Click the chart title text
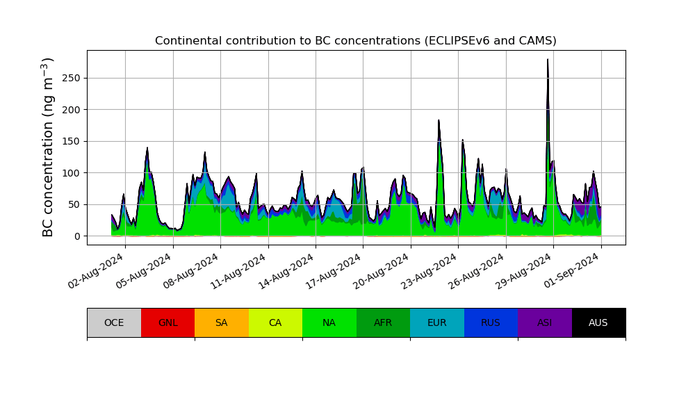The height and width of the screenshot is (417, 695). pos(355,41)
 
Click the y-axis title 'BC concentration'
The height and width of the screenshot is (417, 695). pos(48,147)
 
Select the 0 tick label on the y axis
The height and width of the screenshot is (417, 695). pos(76,236)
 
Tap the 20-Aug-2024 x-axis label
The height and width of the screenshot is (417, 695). pos(384,271)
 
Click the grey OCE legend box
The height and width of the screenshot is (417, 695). pos(114,322)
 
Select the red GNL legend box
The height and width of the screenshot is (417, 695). pos(167,322)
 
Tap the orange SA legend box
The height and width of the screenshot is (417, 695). pos(222,322)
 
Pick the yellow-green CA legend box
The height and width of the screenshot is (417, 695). pos(275,322)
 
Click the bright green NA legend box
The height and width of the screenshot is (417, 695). pos(329,322)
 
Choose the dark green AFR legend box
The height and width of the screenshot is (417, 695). pos(383,322)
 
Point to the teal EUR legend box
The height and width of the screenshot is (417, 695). pos(437,322)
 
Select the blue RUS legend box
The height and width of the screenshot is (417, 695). pos(491,322)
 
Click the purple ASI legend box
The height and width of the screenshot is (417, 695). pos(545,322)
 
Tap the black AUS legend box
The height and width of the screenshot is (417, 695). pos(598,322)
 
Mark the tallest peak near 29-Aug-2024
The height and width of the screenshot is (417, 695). pos(548,60)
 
